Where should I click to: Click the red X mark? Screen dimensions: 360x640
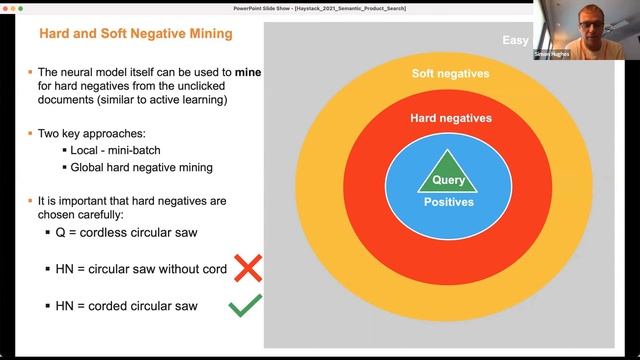tap(246, 267)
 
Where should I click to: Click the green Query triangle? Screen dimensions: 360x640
tap(447, 173)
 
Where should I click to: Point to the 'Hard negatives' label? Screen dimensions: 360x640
tap(451, 118)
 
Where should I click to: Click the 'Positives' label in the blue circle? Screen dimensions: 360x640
tap(447, 202)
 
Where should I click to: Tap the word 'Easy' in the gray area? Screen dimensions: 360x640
tap(517, 41)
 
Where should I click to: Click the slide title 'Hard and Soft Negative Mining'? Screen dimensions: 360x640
tap(135, 34)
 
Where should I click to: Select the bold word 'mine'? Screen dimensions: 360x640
tap(249, 73)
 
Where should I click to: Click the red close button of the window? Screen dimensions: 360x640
tap(5, 7)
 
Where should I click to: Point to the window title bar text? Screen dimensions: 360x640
tap(319, 7)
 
